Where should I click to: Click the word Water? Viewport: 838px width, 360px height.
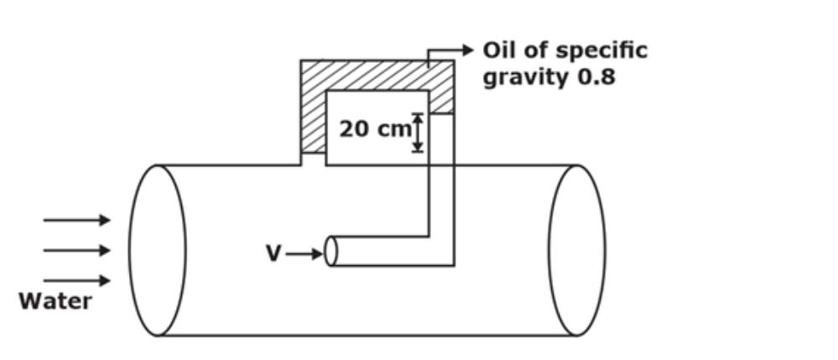point(55,301)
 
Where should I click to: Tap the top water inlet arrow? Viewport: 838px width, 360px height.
point(76,221)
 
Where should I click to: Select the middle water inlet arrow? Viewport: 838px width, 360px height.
point(76,250)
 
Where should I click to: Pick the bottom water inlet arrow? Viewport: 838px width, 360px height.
point(76,281)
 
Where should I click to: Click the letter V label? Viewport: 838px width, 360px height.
point(273,253)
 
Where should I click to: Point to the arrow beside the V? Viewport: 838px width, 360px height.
point(304,253)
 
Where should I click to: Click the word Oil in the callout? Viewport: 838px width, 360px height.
point(501,50)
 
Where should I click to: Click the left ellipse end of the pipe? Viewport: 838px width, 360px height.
point(158,250)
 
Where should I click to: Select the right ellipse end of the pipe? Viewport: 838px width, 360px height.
point(577,250)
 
